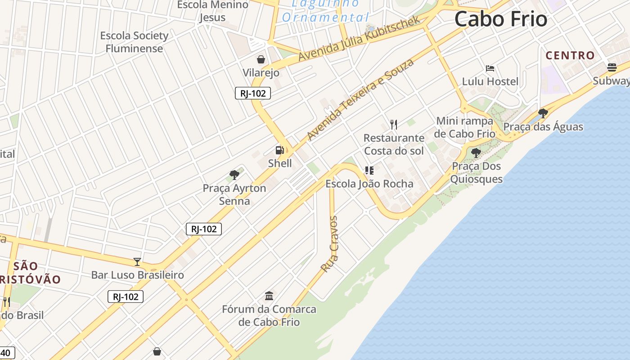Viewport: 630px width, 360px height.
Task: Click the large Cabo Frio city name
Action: pyautogui.click(x=500, y=19)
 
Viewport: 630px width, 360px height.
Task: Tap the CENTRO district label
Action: pyautogui.click(x=570, y=55)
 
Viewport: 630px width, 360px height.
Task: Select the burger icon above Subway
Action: pyautogui.click(x=612, y=67)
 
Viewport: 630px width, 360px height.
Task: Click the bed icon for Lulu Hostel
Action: pyautogui.click(x=490, y=68)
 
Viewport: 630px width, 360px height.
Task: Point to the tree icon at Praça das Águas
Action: pyautogui.click(x=543, y=113)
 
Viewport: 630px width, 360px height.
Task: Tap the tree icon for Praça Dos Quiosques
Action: pyautogui.click(x=476, y=153)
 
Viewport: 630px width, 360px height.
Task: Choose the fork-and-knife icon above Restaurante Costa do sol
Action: pyautogui.click(x=394, y=124)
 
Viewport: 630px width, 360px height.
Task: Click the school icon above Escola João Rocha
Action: pyautogui.click(x=369, y=170)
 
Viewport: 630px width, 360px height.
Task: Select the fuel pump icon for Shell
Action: pyautogui.click(x=280, y=150)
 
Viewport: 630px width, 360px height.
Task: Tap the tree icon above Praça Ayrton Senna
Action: pyautogui.click(x=234, y=175)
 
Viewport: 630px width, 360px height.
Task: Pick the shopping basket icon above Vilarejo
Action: pyautogui.click(x=261, y=59)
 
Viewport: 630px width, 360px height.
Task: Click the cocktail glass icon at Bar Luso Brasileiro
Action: pyautogui.click(x=137, y=261)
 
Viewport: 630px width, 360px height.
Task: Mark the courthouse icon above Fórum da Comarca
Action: pyautogui.click(x=269, y=296)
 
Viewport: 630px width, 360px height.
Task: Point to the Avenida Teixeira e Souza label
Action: pyautogui.click(x=360, y=99)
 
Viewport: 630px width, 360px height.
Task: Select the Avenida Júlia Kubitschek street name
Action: pyautogui.click(x=359, y=39)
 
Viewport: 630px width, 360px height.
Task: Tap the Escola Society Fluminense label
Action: pyautogui.click(x=134, y=42)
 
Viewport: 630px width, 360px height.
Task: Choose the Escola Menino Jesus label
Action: pyautogui.click(x=212, y=11)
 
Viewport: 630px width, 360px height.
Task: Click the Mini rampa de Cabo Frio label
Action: pyautogui.click(x=465, y=127)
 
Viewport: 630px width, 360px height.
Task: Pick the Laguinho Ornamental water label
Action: pyautogui.click(x=325, y=11)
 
